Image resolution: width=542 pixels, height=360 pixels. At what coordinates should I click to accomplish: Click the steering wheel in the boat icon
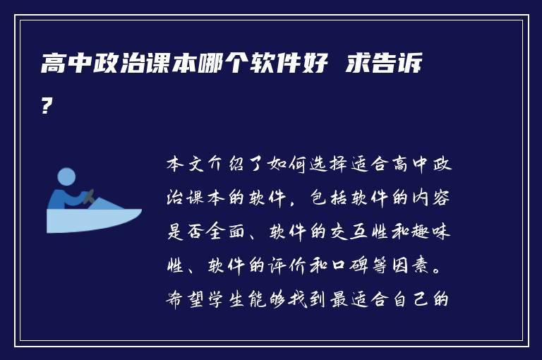click(x=90, y=197)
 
